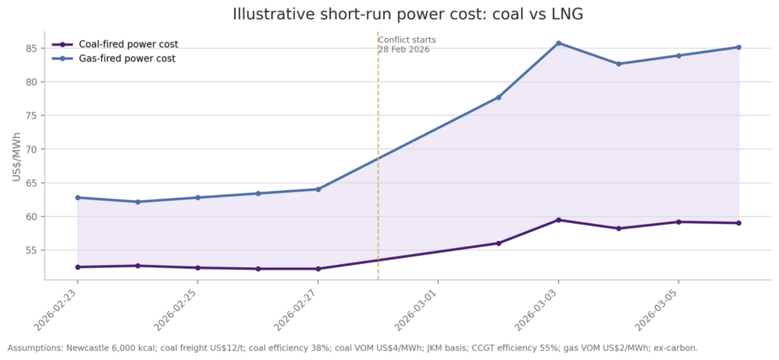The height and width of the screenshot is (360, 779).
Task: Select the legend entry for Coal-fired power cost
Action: point(128,44)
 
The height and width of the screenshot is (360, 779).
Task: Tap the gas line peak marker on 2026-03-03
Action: point(558,43)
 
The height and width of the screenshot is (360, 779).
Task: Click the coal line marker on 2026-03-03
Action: point(558,220)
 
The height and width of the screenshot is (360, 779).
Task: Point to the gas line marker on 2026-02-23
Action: point(78,198)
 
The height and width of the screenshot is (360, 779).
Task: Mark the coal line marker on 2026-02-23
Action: point(78,267)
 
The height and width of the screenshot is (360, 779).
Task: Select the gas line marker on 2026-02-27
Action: point(318,190)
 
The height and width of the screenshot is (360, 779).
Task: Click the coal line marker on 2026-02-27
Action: point(318,269)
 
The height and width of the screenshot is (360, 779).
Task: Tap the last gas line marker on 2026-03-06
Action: point(739,47)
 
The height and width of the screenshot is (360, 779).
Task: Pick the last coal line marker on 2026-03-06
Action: point(739,223)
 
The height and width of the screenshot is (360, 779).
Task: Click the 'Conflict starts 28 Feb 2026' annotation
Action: point(407,45)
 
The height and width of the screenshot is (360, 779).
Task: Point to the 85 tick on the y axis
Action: point(30,48)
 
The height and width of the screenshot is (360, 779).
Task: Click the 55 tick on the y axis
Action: point(30,250)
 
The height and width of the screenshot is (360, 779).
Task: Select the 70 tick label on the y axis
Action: point(30,149)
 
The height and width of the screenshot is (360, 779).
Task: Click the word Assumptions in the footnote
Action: point(35,348)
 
